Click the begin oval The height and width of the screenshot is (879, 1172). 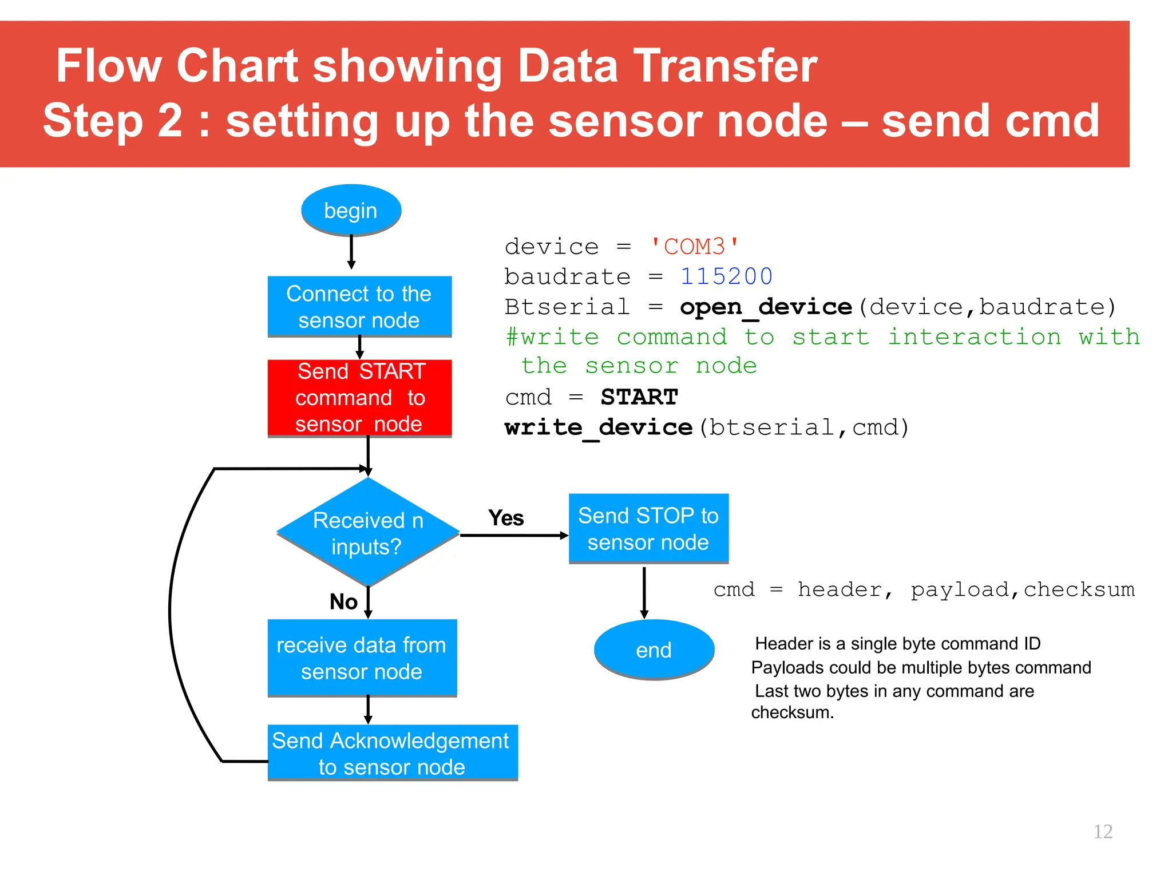[x=351, y=210]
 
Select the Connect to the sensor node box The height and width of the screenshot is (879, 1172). [x=359, y=307]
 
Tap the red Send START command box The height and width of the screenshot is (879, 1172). [x=359, y=398]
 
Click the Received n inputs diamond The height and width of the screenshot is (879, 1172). [x=367, y=533]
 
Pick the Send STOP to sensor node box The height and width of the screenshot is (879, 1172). [x=648, y=529]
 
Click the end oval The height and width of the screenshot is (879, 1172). [x=654, y=650]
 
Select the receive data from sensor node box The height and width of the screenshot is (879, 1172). [x=362, y=658]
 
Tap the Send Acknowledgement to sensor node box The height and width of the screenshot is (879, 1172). [x=392, y=753]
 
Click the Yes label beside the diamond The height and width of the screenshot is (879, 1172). [x=506, y=518]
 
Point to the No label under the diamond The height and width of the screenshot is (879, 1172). [x=343, y=602]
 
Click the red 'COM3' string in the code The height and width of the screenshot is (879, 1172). [x=695, y=247]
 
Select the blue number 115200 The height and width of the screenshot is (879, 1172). [x=726, y=277]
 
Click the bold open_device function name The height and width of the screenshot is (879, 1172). [x=766, y=307]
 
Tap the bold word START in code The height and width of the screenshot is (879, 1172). [x=639, y=397]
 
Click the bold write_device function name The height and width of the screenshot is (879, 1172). [x=598, y=427]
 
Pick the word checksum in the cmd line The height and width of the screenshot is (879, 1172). [x=1079, y=589]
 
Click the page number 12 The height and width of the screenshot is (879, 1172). [x=1103, y=832]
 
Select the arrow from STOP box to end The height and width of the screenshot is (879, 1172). [x=644, y=592]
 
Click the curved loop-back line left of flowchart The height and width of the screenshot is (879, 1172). [x=171, y=612]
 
